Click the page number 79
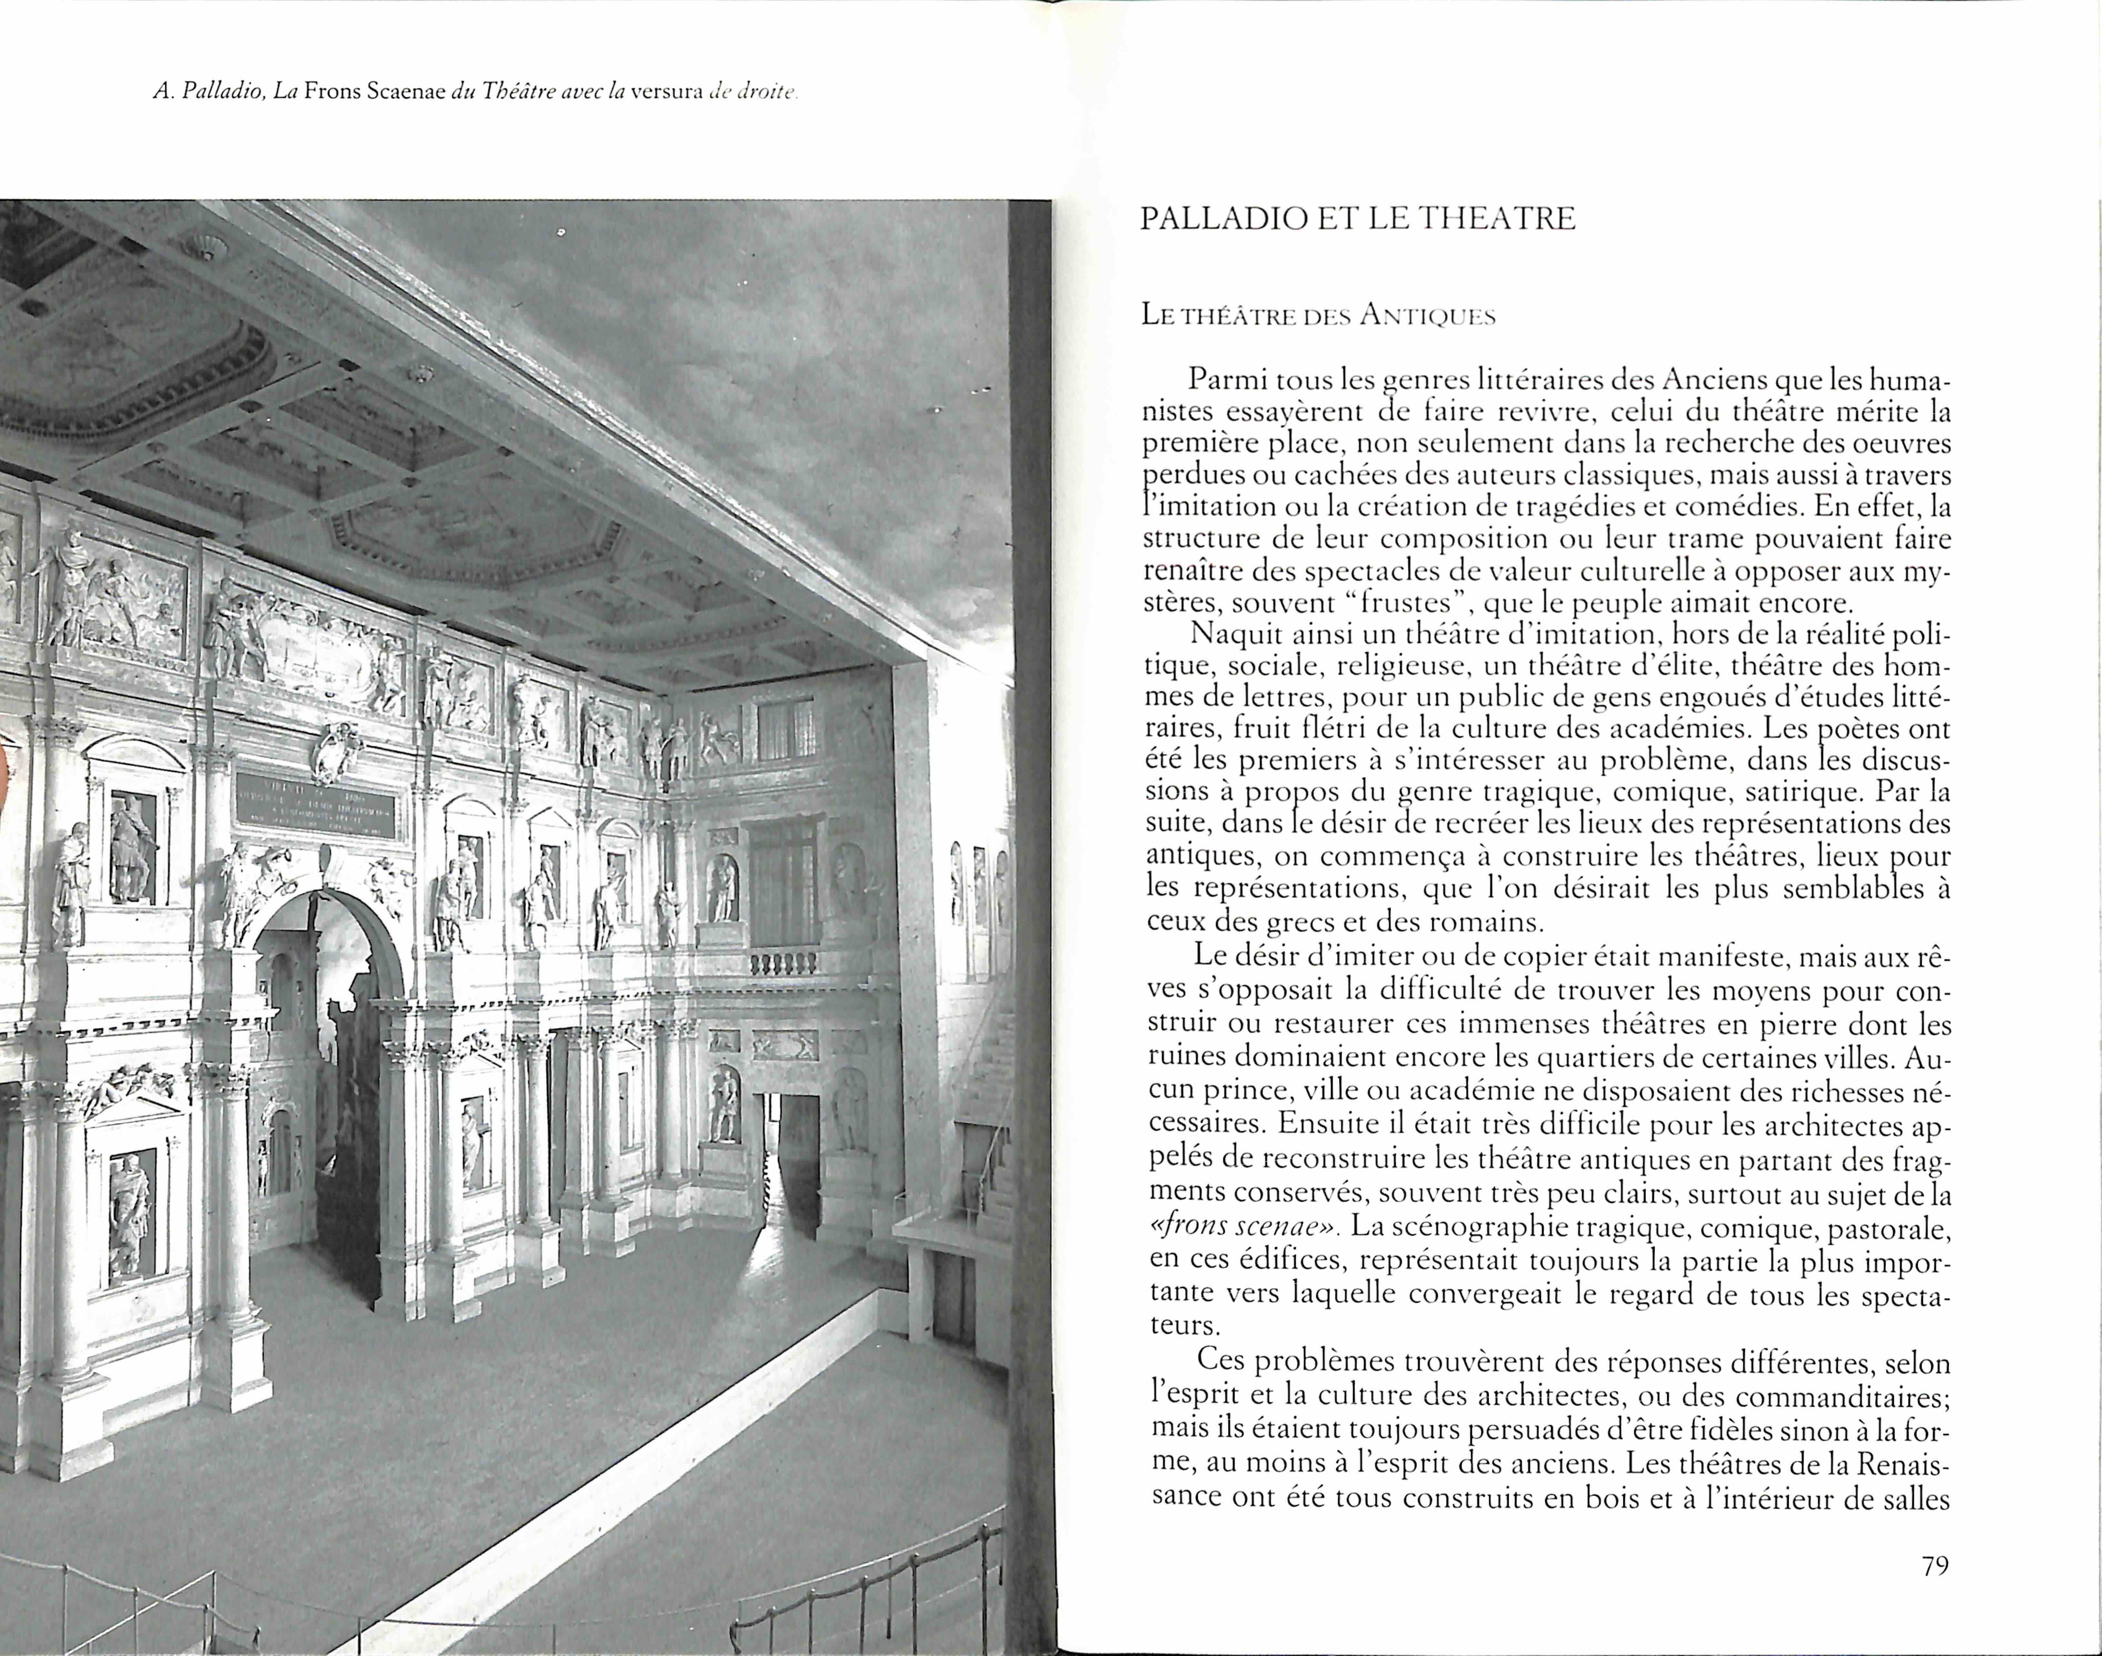tap(1934, 1566)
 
